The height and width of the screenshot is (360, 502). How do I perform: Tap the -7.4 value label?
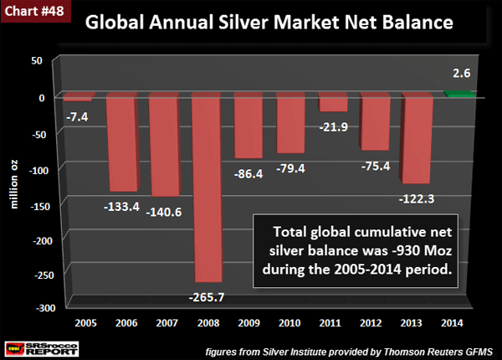tap(75, 116)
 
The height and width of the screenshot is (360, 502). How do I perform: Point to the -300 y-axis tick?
tap(38, 308)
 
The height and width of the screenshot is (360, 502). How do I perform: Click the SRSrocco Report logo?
tap(33, 342)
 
